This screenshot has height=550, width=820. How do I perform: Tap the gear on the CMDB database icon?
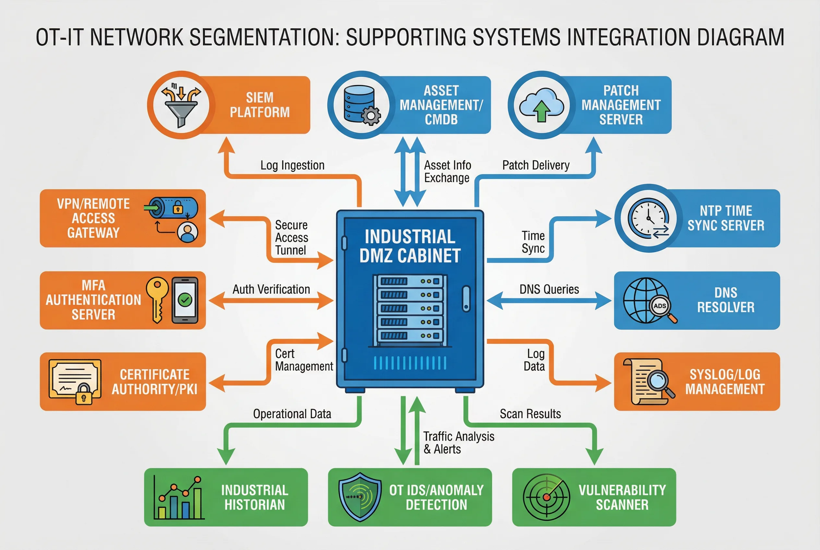coord(370,116)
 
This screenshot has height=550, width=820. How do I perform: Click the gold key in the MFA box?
coord(158,298)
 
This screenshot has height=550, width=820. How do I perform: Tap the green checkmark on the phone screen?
coord(185,300)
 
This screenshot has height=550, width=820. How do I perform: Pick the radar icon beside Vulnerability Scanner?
coord(546,497)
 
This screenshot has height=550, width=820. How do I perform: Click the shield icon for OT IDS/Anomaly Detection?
coord(360,497)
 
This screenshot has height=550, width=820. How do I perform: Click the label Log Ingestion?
coord(292,165)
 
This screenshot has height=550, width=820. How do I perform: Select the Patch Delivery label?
coord(536,165)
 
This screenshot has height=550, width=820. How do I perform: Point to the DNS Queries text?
coord(549,289)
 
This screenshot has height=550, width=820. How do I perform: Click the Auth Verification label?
coord(271,289)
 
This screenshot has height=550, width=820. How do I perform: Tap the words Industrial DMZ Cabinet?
coord(409,246)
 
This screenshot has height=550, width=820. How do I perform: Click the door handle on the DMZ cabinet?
coord(466,298)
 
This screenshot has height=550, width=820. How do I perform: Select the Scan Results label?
coord(530,414)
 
